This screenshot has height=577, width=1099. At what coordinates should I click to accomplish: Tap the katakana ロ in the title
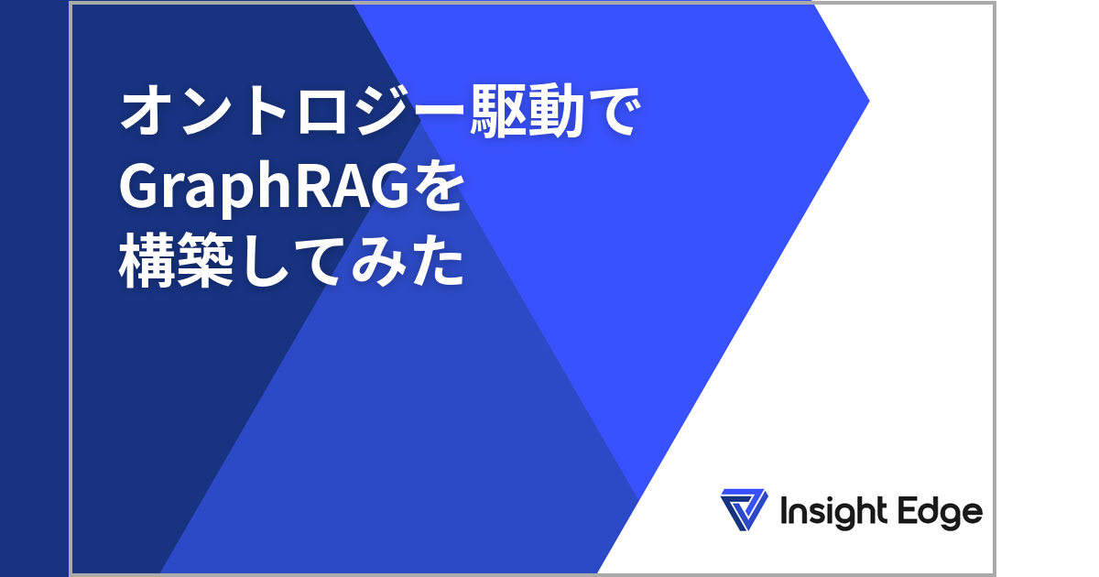(x=323, y=112)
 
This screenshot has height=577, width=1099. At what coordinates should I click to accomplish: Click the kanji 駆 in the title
(x=498, y=111)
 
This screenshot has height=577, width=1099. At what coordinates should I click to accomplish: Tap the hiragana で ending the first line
(x=615, y=111)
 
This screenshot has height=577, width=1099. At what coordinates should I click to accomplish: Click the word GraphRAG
(x=264, y=188)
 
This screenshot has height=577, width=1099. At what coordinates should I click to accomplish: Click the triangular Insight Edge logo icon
(x=744, y=509)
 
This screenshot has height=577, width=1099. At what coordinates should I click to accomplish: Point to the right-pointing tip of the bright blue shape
(x=869, y=101)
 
